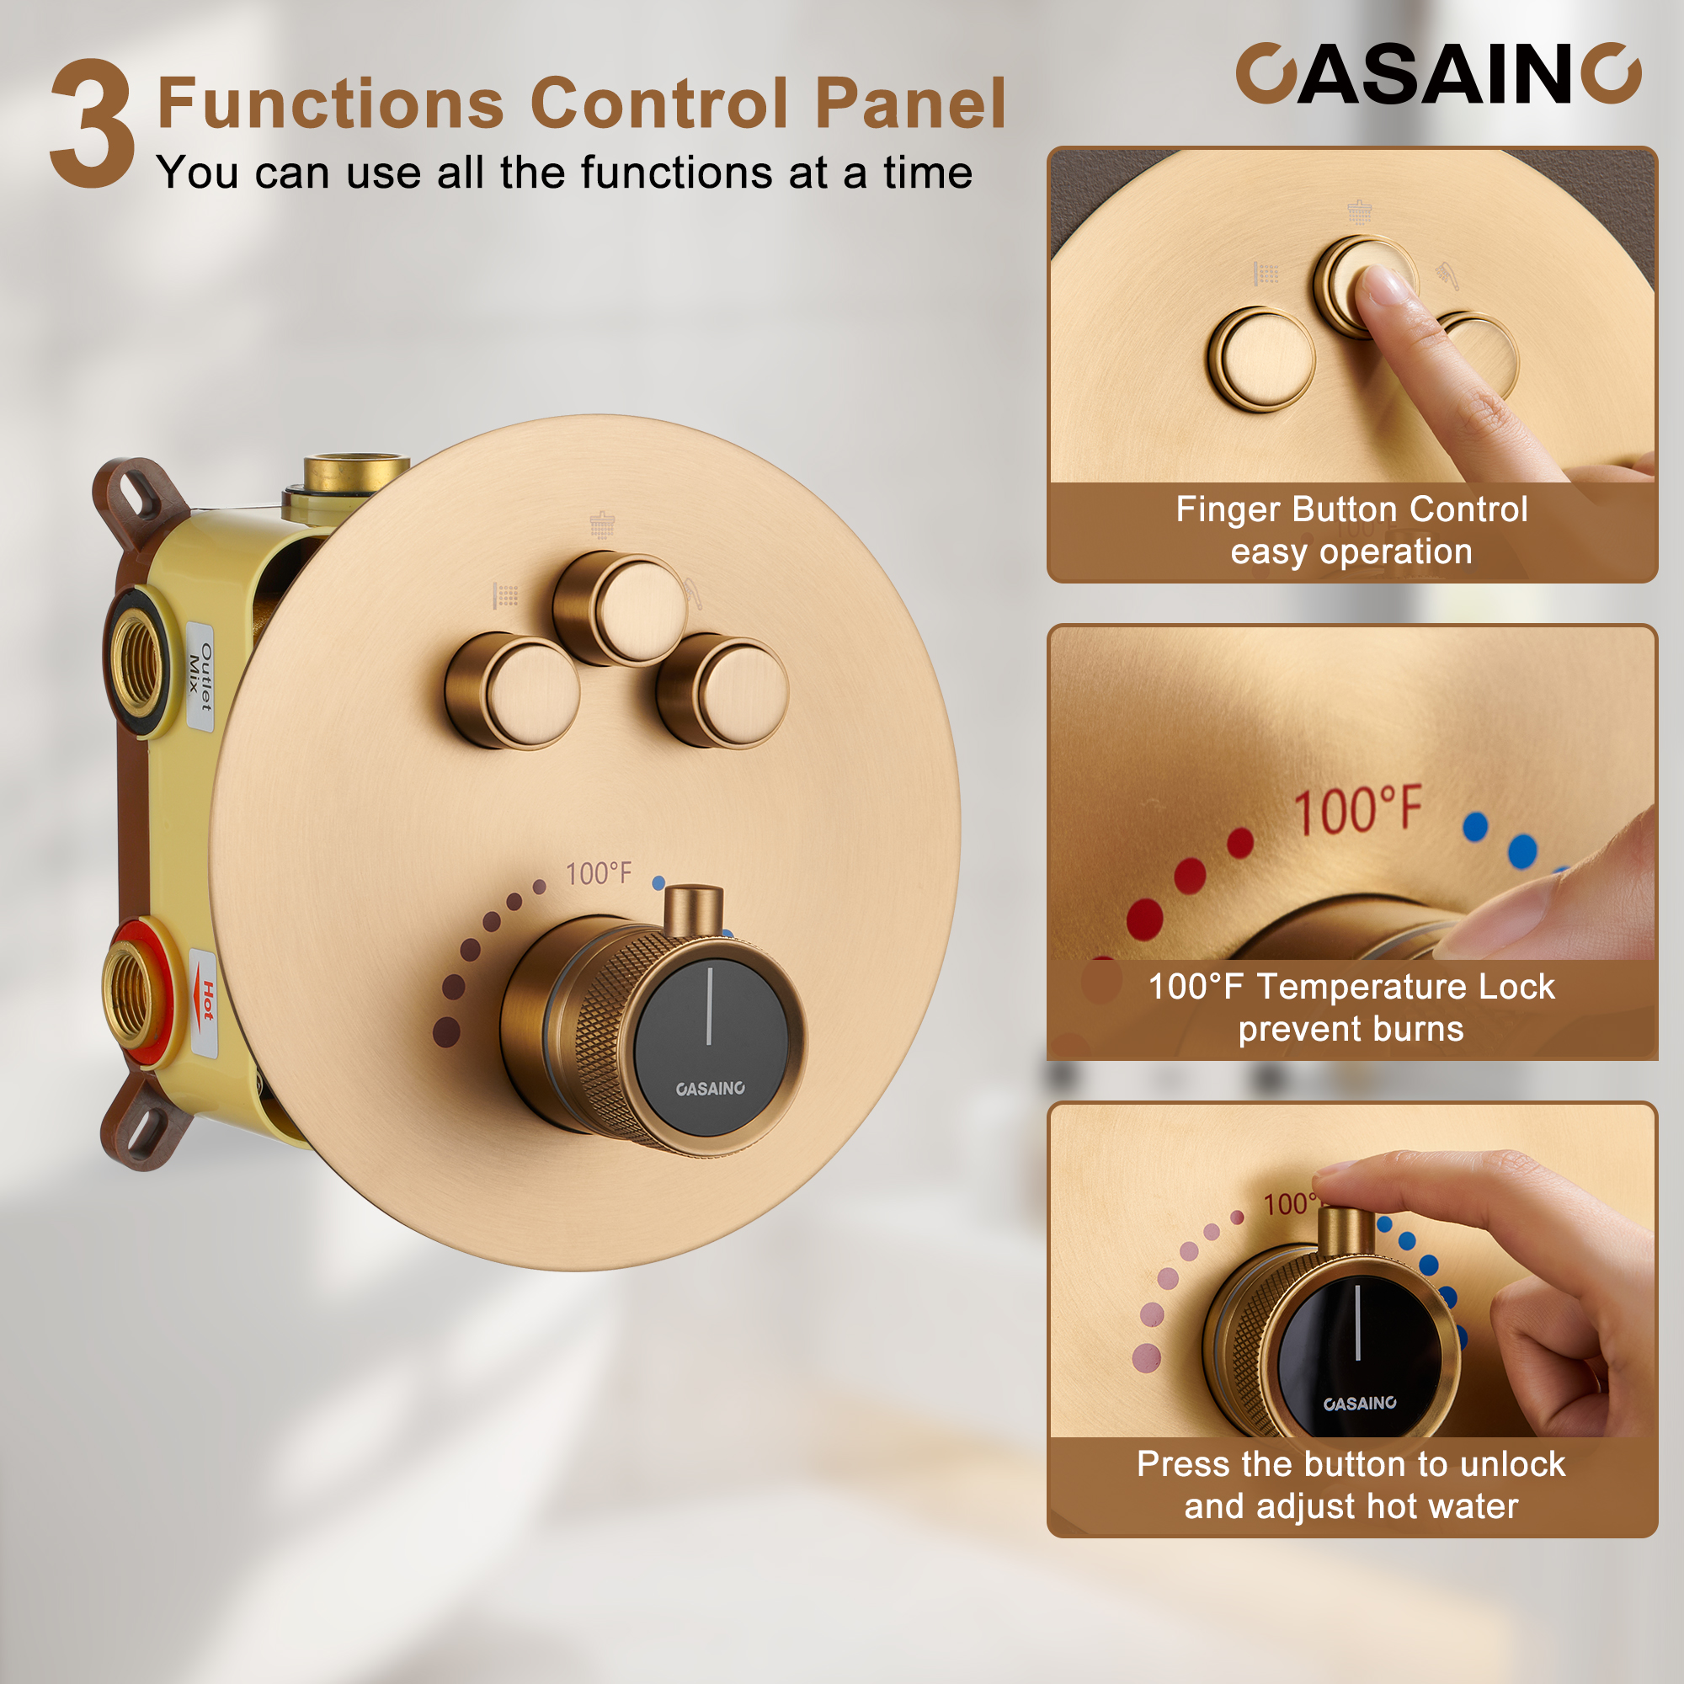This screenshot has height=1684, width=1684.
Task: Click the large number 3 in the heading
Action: point(93,124)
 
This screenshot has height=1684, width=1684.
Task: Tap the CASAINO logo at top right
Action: point(1438,75)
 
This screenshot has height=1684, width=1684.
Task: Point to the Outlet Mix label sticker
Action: point(200,676)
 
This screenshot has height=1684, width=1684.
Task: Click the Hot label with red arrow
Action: point(205,1002)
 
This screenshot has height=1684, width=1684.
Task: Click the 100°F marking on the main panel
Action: point(599,873)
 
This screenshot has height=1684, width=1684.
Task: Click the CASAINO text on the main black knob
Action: point(711,1089)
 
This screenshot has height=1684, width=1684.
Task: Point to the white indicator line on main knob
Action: point(710,1006)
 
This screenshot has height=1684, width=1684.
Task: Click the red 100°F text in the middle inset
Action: point(1357,813)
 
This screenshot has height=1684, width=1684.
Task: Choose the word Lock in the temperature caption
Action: point(1516,988)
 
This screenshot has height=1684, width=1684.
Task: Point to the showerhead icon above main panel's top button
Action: point(602,525)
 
